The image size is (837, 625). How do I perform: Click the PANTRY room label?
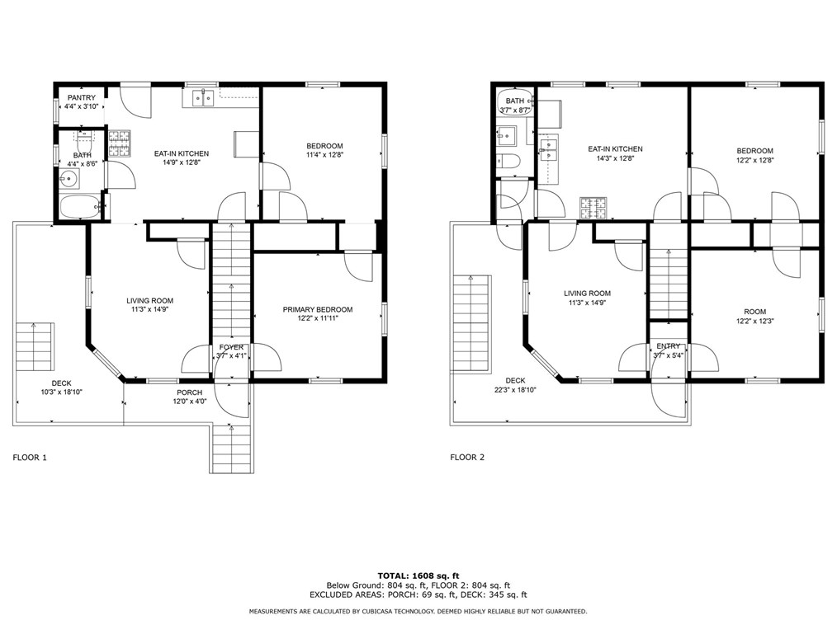coord(82,98)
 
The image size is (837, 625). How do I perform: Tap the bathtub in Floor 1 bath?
coord(80,207)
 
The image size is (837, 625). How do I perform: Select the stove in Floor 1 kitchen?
coord(119,143)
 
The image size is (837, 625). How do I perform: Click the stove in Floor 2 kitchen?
coord(592,209)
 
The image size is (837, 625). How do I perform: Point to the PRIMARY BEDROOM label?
coord(318,310)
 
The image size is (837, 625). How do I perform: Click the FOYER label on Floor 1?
coord(231,347)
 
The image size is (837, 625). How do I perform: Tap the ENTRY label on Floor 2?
coord(669,346)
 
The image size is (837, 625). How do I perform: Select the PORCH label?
coord(188,392)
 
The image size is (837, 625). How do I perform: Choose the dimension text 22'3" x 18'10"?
coord(515,390)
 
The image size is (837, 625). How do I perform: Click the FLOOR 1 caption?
coord(30,457)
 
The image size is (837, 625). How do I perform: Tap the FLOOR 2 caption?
coord(467,457)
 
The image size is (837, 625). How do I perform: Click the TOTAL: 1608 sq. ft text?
coord(418,575)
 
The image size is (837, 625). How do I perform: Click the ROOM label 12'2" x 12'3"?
coord(754,312)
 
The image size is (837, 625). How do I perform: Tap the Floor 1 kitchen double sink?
coord(201,99)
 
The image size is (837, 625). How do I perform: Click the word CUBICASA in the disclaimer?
coord(381,612)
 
